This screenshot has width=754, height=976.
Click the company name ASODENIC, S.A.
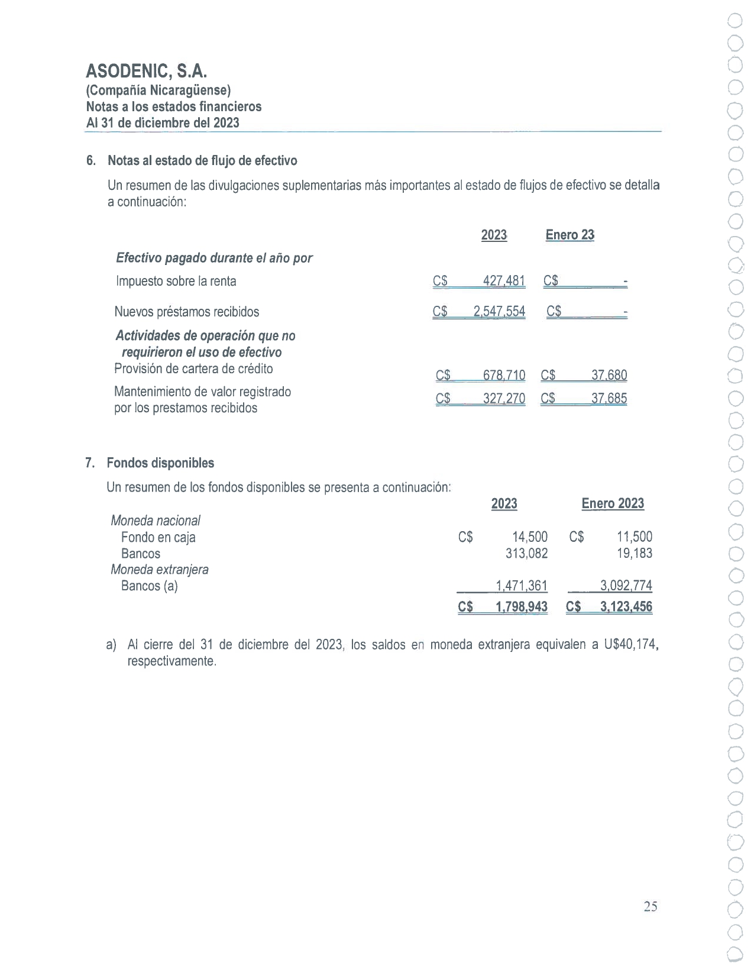point(147,72)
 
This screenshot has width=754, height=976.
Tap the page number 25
point(651,907)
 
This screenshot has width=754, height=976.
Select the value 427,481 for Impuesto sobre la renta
point(504,281)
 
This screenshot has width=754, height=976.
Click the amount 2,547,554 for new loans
point(499,312)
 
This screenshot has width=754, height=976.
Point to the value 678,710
point(504,375)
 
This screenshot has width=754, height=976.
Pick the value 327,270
point(504,399)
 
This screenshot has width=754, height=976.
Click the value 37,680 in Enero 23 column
point(609,375)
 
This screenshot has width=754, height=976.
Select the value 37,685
point(609,399)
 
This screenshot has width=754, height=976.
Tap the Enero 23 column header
point(569,235)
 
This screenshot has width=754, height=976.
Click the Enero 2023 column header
point(613,503)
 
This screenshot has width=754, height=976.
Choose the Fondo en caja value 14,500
point(530,537)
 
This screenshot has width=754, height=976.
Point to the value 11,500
point(635,537)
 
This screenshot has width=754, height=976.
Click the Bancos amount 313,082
point(526,554)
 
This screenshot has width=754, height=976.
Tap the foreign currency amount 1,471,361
point(522,586)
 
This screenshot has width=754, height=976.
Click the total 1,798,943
point(522,607)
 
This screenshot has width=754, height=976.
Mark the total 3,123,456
point(626,607)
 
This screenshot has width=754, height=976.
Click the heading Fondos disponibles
point(160,463)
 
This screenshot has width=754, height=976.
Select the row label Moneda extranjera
point(160,570)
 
